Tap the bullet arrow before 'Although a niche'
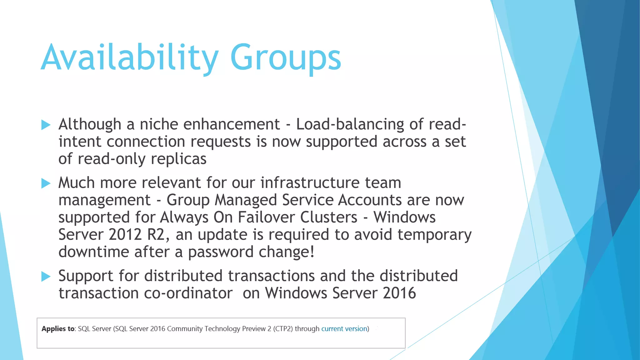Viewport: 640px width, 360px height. (46, 125)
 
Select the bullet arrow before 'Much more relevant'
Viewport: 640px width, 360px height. (46, 183)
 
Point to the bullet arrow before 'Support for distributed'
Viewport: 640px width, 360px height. (46, 276)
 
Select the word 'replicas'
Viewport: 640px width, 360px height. (178, 159)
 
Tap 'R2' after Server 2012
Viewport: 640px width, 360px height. (158, 235)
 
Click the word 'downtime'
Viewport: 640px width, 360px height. (94, 252)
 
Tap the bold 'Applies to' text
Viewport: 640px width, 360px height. (58, 329)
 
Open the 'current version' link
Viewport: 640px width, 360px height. (344, 329)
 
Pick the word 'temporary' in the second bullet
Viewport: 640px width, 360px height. (434, 235)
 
